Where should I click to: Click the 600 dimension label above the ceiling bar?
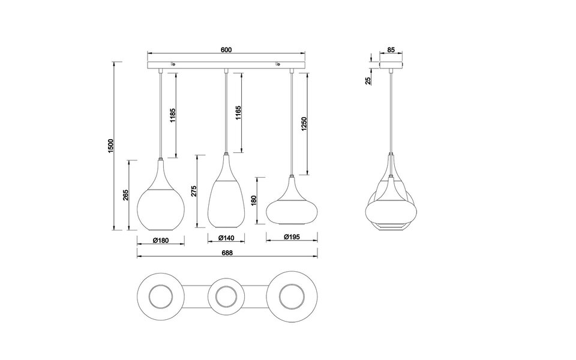tap(226, 50)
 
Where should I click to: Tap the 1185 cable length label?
tap(172, 115)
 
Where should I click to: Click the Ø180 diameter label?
tap(160, 240)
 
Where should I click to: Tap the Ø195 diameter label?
tap(292, 238)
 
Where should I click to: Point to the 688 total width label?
tap(227, 253)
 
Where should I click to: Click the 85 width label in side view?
tap(391, 50)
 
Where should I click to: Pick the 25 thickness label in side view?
tap(368, 79)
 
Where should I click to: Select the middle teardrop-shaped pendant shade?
tap(226, 198)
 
